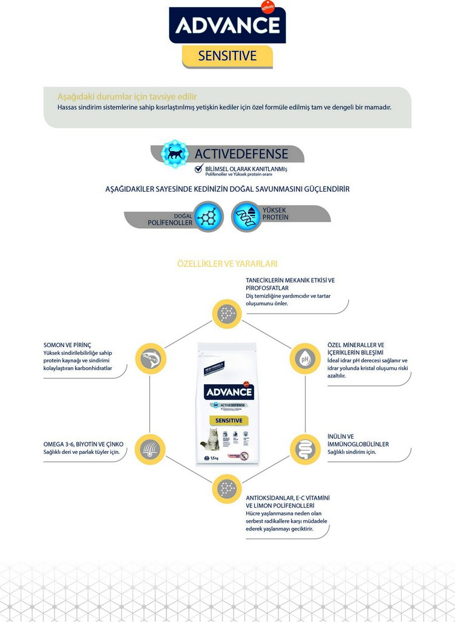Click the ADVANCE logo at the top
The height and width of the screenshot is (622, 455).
[227, 25]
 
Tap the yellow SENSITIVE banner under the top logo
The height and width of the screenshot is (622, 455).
[227, 56]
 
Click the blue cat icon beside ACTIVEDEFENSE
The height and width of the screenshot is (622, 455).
[175, 154]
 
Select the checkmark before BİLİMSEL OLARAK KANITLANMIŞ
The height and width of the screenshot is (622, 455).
[198, 169]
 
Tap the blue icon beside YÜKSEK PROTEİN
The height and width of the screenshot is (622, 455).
[246, 217]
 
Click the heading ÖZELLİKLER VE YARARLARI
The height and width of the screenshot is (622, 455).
[227, 264]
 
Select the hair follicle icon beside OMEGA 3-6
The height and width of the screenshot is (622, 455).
[150, 450]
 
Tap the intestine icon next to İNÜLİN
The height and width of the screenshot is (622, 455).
[305, 450]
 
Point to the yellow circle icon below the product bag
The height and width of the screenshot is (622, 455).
[227, 488]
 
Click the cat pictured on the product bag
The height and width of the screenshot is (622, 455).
[213, 438]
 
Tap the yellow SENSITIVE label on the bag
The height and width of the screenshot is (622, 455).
[229, 421]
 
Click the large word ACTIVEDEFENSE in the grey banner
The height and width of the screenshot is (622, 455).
[241, 154]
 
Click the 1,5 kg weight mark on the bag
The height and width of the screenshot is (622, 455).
[214, 458]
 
